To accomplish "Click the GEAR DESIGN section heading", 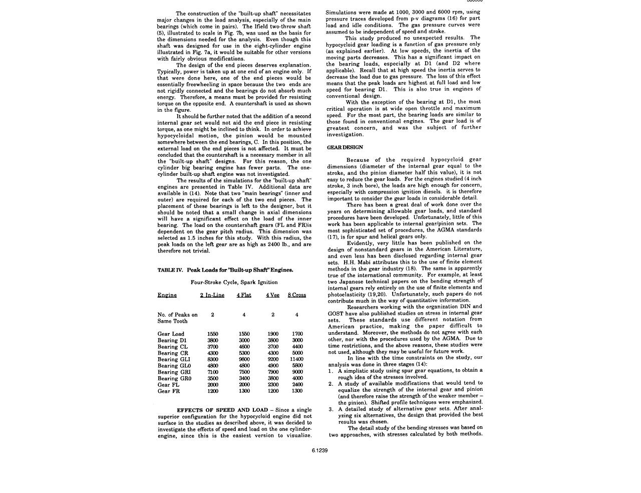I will pyautogui.click(x=345, y=147).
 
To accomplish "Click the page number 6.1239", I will pyautogui.click(x=320, y=450).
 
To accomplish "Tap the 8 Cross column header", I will pyautogui.click(x=296, y=295).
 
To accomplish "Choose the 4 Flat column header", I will pyautogui.click(x=244, y=295).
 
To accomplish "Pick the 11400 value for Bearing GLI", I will pyautogui.click(x=296, y=359).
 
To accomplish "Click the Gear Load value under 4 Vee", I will pyautogui.click(x=273, y=334).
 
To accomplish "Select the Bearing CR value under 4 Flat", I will pyautogui.click(x=244, y=353).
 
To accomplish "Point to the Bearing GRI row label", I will pyautogui.click(x=174, y=372).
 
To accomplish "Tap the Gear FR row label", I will pyautogui.click(x=168, y=391).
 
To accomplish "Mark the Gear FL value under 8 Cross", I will pyautogui.click(x=297, y=385).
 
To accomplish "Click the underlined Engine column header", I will pyautogui.click(x=167, y=295).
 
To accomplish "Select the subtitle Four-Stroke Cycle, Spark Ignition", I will pyautogui.click(x=234, y=283).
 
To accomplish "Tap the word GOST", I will pyautogui.click(x=336, y=313).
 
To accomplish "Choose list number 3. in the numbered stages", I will pyautogui.click(x=332, y=409).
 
